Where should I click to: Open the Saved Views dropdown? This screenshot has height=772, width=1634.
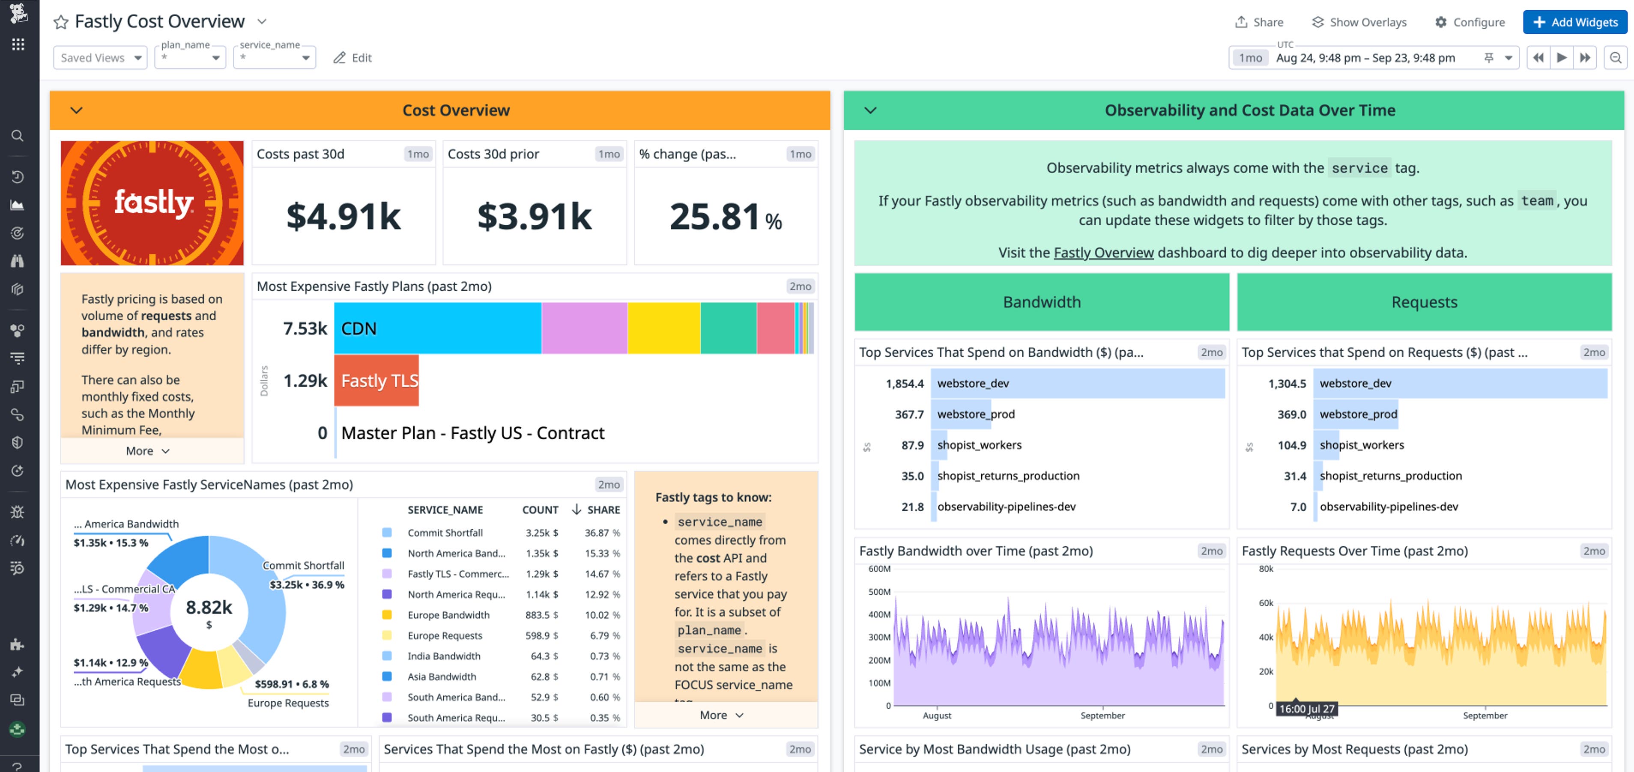pyautogui.click(x=100, y=58)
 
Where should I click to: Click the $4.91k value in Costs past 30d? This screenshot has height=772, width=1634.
pyautogui.click(x=343, y=216)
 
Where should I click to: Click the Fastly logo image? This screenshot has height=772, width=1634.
pyautogui.click(x=152, y=203)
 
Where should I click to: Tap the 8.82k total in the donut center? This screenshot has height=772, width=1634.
pyautogui.click(x=209, y=608)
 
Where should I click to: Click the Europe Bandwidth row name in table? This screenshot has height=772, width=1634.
pyautogui.click(x=448, y=615)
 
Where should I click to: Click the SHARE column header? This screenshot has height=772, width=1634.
pyautogui.click(x=603, y=510)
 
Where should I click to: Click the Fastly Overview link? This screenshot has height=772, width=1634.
pyautogui.click(x=1103, y=253)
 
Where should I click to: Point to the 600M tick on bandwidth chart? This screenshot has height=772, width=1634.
pyautogui.click(x=879, y=569)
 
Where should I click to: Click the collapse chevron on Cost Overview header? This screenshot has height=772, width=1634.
pyautogui.click(x=77, y=110)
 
